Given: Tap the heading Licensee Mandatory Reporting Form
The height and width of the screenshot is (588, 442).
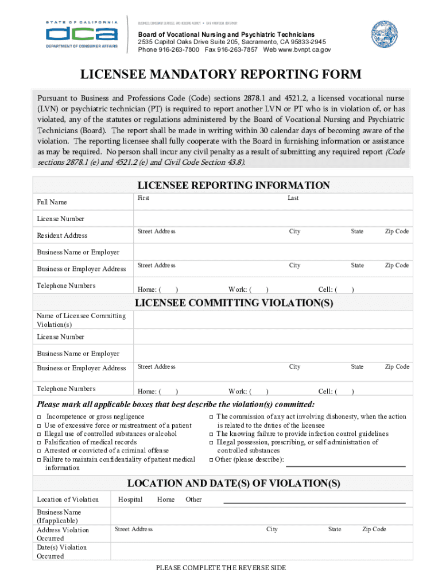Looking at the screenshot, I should (x=220, y=75).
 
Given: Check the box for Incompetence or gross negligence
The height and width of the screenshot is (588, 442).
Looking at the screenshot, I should (x=39, y=417).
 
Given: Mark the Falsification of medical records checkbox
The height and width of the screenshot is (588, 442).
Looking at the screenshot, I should (x=39, y=443).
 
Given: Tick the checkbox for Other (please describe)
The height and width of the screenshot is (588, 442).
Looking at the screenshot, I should (x=211, y=460).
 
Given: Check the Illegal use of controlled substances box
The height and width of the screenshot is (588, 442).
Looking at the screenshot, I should (x=39, y=434).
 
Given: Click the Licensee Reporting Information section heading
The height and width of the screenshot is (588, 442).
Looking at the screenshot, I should (x=234, y=185).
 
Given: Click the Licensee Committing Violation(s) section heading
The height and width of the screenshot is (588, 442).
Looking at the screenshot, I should (x=234, y=303).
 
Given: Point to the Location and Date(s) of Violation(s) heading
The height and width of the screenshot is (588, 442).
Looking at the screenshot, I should (x=234, y=483).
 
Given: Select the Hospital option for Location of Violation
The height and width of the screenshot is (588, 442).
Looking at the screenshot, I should (x=130, y=500).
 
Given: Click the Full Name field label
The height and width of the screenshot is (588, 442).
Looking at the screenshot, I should (x=52, y=202).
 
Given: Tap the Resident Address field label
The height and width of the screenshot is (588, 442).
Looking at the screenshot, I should (x=63, y=235).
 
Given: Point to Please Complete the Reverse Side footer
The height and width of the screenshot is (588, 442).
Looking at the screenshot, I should (x=221, y=568).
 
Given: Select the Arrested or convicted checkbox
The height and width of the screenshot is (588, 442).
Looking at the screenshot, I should (x=39, y=451).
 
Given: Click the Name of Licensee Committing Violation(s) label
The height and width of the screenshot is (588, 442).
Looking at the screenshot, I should (x=81, y=320).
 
